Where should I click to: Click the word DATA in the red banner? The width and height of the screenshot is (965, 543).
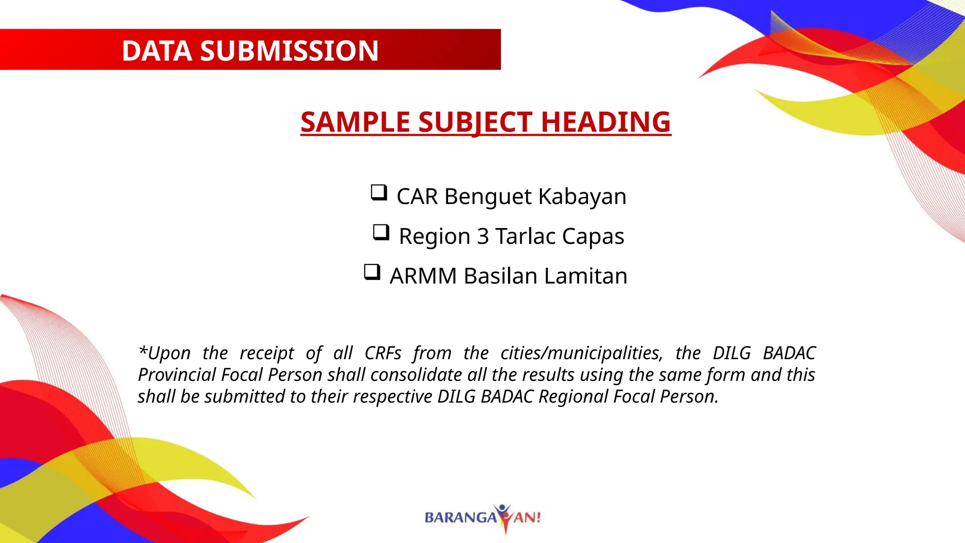156,51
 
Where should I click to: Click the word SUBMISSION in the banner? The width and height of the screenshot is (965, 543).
289,51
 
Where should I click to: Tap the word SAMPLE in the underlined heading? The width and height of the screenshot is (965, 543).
355,122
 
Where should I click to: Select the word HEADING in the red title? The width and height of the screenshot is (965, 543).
605,122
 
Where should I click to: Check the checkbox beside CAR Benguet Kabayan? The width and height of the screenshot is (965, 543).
379,192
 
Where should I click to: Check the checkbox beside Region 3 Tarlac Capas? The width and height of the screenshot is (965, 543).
381,232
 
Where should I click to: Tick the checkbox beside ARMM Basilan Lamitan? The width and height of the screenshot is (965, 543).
372,272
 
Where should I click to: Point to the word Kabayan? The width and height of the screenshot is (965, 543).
582,197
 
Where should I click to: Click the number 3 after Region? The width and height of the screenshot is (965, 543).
482,236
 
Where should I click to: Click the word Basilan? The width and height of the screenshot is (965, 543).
500,276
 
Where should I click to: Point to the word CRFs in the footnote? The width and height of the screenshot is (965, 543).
383,353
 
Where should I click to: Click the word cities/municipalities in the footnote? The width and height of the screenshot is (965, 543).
581,353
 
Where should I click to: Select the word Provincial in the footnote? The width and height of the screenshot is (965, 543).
176,375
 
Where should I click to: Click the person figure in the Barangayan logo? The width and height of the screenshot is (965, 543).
503,517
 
